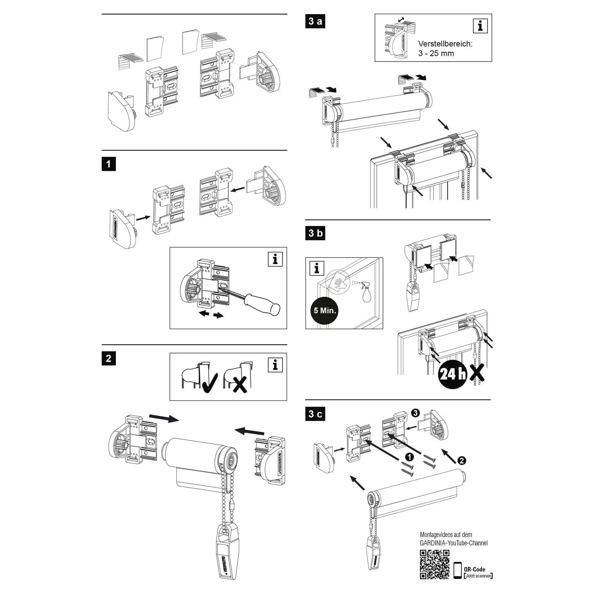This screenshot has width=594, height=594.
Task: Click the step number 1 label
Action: (108, 164)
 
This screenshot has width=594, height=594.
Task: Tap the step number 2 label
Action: (108, 358)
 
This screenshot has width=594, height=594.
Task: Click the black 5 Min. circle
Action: (325, 310)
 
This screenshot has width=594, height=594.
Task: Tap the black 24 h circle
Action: (452, 374)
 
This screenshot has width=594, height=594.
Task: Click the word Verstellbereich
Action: (445, 44)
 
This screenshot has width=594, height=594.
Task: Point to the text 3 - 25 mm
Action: (436, 53)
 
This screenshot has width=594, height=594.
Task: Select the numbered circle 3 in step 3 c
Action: (415, 413)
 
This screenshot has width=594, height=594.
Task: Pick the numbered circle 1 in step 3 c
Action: (409, 457)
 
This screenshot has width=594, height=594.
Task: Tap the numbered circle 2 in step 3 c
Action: (461, 460)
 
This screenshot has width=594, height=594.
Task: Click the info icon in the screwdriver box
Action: (275, 259)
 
